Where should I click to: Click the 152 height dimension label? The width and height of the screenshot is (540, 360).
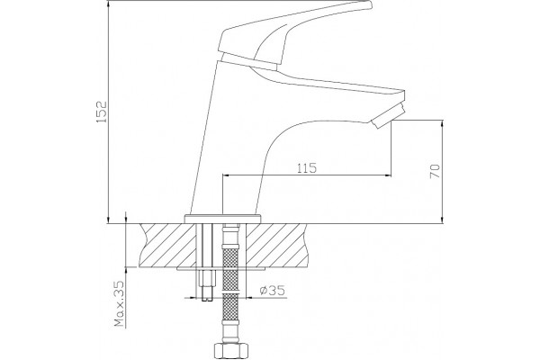(102, 112)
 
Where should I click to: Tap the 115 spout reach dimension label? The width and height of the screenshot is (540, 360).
(307, 168)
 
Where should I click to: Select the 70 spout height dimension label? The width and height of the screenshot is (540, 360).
(435, 171)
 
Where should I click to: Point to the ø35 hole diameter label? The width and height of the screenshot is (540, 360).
(272, 291)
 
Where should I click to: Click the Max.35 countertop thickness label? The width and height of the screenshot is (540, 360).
(119, 304)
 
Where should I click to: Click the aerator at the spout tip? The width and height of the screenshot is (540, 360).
(388, 115)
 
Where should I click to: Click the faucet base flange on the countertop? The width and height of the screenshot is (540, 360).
(223, 219)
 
